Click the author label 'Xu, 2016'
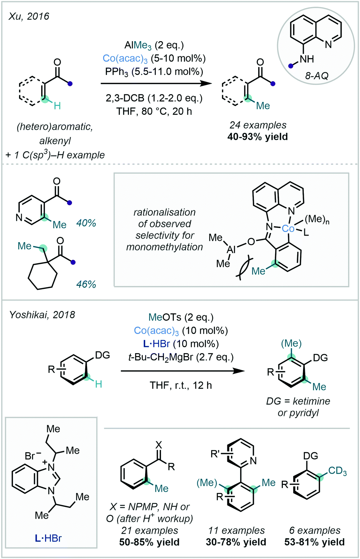(x=29, y=17)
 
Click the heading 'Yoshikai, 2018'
(x=42, y=315)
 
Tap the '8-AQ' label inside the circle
(x=317, y=76)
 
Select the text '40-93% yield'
(x=258, y=137)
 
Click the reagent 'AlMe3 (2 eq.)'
(x=154, y=46)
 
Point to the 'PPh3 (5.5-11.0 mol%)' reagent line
(x=154, y=72)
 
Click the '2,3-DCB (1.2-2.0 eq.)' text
(x=154, y=98)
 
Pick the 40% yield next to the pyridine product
(x=86, y=223)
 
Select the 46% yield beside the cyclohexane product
(x=86, y=284)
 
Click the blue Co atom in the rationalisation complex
(x=288, y=229)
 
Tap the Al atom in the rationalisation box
(x=231, y=250)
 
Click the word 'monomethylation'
(x=164, y=247)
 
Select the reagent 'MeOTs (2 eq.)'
(x=181, y=317)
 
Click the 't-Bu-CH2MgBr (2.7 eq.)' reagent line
(x=181, y=357)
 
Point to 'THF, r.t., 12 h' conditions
(x=181, y=385)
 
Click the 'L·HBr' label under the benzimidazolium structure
(x=48, y=538)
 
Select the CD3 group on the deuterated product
(x=337, y=471)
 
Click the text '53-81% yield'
(x=314, y=542)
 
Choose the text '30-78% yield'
(x=236, y=542)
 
